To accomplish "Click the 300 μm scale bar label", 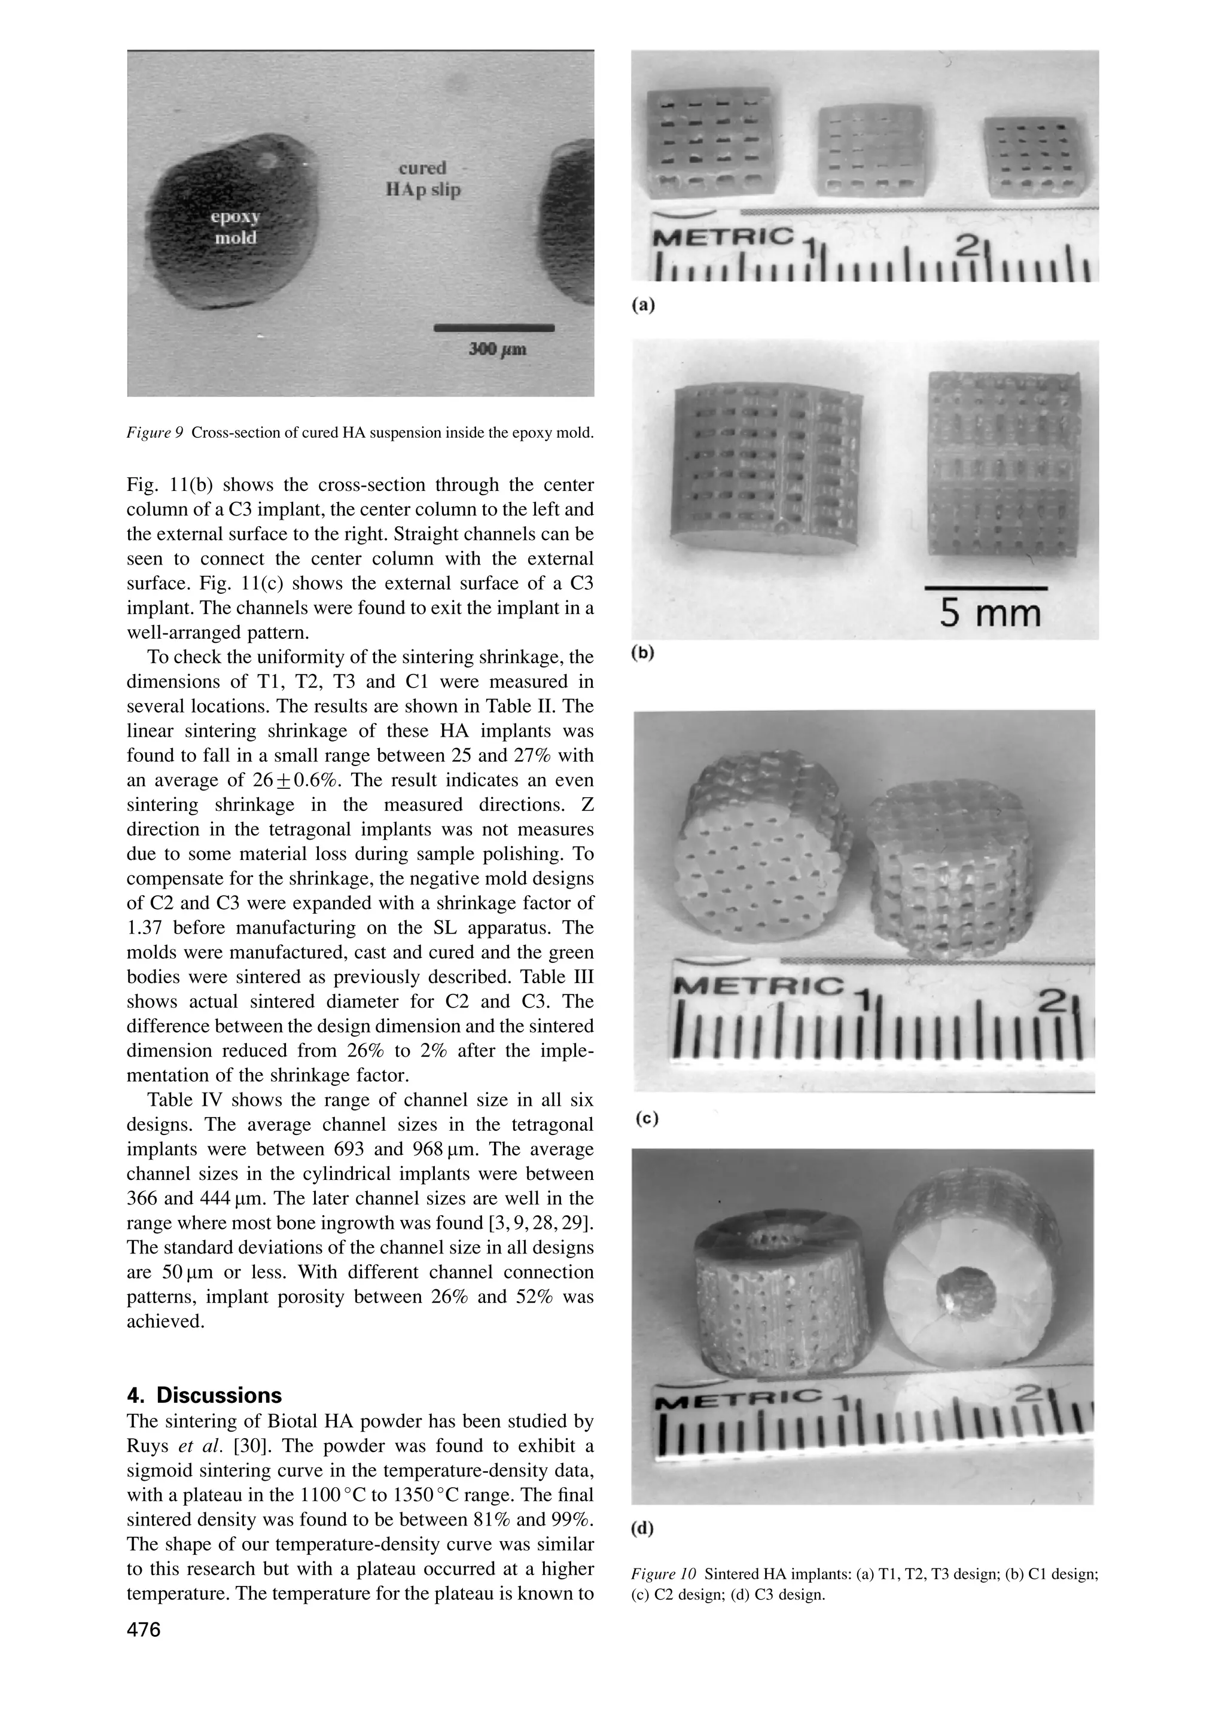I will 498,349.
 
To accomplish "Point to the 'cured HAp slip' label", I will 423,179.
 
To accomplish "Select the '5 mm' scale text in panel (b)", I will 989,613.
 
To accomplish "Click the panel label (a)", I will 642,305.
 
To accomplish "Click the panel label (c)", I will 646,1119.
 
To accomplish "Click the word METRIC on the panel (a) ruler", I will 723,239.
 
